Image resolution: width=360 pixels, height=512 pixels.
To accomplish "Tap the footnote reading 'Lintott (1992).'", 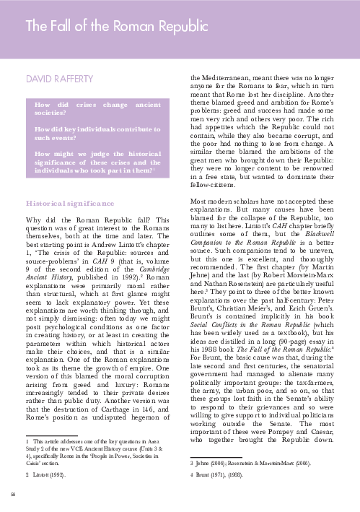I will pyautogui.click(x=49, y=476).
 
